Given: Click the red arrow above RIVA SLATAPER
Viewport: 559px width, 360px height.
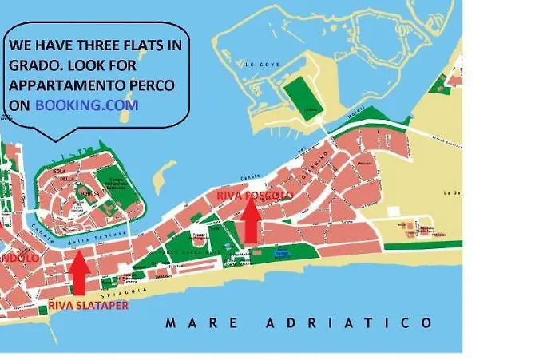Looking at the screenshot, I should (x=78, y=274).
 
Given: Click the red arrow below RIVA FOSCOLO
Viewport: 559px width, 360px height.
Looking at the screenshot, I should (x=251, y=220).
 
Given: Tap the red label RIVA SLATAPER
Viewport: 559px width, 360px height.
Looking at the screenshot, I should (x=87, y=304).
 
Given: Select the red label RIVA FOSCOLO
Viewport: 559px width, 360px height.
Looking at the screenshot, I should (x=255, y=195).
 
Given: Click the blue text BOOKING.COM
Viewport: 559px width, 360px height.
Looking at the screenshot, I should (x=86, y=105).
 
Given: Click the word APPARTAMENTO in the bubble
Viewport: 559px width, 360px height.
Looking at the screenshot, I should (x=74, y=85).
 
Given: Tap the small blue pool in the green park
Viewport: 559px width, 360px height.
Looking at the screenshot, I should (x=281, y=254).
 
